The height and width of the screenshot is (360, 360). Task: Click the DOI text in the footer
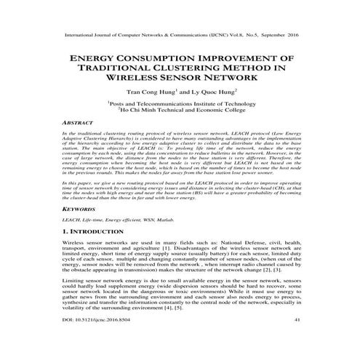pos(92,339)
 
